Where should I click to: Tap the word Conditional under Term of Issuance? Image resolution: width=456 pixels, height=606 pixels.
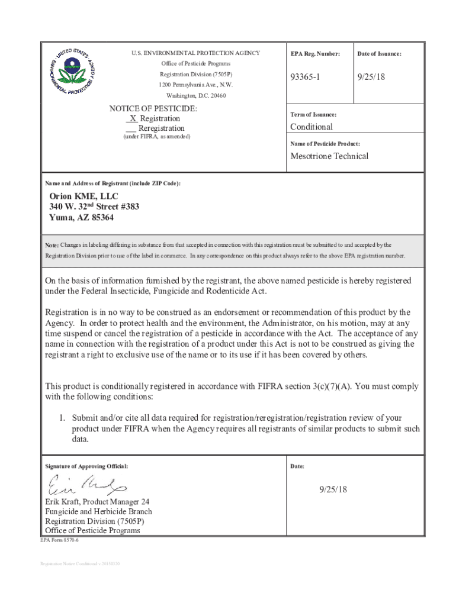pyautogui.click(x=311, y=127)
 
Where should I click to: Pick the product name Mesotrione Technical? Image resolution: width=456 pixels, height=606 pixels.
pyautogui.click(x=329, y=156)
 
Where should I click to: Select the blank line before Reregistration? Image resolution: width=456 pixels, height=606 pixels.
pyautogui.click(x=131, y=128)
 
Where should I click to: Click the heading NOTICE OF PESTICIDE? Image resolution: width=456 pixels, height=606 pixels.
pyautogui.click(x=153, y=109)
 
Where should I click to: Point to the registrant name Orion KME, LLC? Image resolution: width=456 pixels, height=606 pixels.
pyautogui.click(x=84, y=196)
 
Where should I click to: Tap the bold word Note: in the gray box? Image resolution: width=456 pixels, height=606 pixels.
pyautogui.click(x=52, y=244)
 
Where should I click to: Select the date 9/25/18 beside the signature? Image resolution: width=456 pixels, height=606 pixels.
pyautogui.click(x=333, y=489)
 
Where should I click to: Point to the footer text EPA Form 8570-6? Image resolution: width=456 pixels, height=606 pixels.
pyautogui.click(x=59, y=541)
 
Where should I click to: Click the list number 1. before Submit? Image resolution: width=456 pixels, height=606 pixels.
pyautogui.click(x=62, y=417)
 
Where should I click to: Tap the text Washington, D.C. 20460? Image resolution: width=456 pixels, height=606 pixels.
pyautogui.click(x=195, y=95)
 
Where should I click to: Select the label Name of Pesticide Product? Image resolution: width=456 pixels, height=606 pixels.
pyautogui.click(x=325, y=144)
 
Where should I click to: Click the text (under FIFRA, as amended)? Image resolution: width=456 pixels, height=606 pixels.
pyautogui.click(x=156, y=137)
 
